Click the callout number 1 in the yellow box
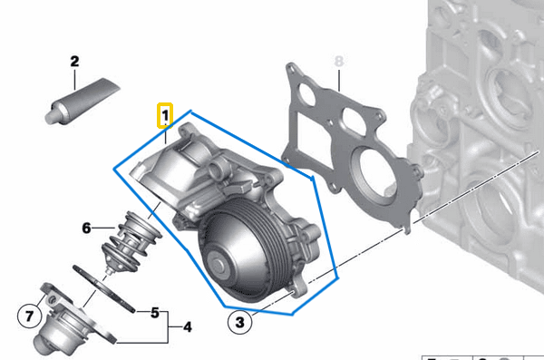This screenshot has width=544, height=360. pos(164,116)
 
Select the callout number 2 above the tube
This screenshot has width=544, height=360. pos(74,63)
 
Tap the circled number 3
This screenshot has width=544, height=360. pos(238,320)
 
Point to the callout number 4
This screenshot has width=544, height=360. pos(187,326)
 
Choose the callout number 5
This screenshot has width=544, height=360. pos(155,313)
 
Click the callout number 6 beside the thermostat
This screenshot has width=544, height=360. pos(86,229)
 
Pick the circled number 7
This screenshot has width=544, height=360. pos(28,316)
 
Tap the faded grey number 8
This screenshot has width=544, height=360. pos(340,62)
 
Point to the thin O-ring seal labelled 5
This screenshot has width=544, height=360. pos(104,289)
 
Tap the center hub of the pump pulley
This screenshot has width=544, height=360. pos(221,266)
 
